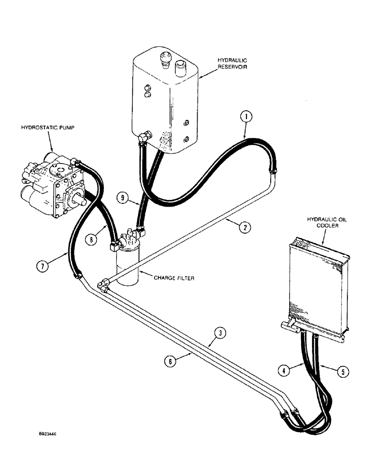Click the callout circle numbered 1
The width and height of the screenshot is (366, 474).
pos(246,116)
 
